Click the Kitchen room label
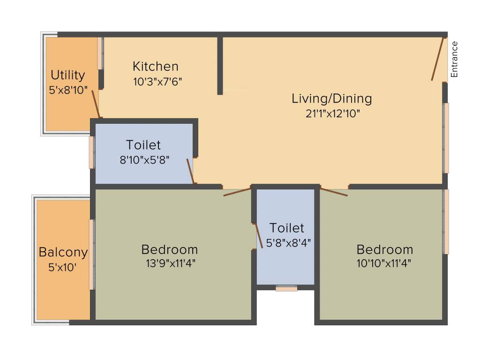155,66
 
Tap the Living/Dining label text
331,98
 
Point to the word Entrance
454,59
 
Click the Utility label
68,75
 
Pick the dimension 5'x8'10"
68,90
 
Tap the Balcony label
63,252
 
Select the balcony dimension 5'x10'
62,268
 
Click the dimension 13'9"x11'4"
170,263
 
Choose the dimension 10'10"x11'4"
384,263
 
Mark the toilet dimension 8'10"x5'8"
144,159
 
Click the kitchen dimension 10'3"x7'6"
157,81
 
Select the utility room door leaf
96,104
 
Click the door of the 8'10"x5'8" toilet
190,171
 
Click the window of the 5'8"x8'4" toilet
286,288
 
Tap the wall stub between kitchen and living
220,66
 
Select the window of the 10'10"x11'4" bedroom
446,221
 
